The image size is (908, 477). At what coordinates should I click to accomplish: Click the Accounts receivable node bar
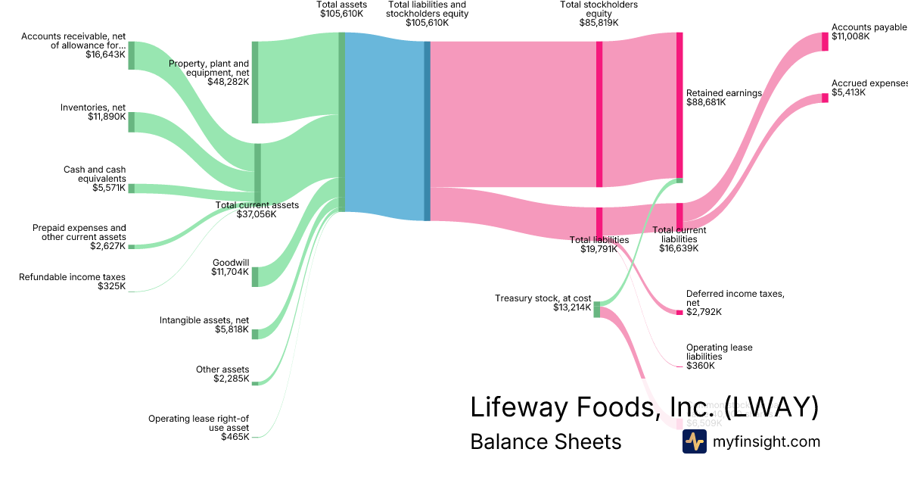pyautogui.click(x=131, y=55)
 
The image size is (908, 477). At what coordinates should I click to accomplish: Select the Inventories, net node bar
pyautogui.click(x=131, y=122)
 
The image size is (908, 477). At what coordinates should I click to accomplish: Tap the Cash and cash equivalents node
pyautogui.click(x=131, y=188)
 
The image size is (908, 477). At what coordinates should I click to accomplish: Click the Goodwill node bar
pyautogui.click(x=255, y=276)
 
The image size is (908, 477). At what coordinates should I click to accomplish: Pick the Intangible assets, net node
pyautogui.click(x=255, y=334)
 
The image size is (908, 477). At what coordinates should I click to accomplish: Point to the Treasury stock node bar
pyautogui.click(x=596, y=309)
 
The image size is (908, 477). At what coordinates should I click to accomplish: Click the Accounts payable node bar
pyautogui.click(x=825, y=42)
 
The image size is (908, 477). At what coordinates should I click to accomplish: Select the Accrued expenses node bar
pyautogui.click(x=825, y=98)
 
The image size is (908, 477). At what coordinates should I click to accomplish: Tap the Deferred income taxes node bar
pyautogui.click(x=679, y=312)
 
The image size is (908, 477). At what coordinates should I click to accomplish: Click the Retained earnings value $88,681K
pyautogui.click(x=706, y=102)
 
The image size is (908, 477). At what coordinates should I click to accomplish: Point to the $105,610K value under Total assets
pyautogui.click(x=342, y=14)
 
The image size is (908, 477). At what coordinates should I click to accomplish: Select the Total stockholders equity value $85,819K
pyautogui.click(x=599, y=23)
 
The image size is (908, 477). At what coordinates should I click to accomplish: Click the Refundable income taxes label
pyautogui.click(x=72, y=277)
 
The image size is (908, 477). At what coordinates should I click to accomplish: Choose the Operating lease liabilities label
pyautogui.click(x=719, y=352)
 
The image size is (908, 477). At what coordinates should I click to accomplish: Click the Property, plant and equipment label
pyautogui.click(x=209, y=68)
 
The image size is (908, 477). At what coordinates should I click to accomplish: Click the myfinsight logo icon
pyautogui.click(x=694, y=441)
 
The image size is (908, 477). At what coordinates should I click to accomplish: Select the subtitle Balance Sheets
pyautogui.click(x=546, y=441)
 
